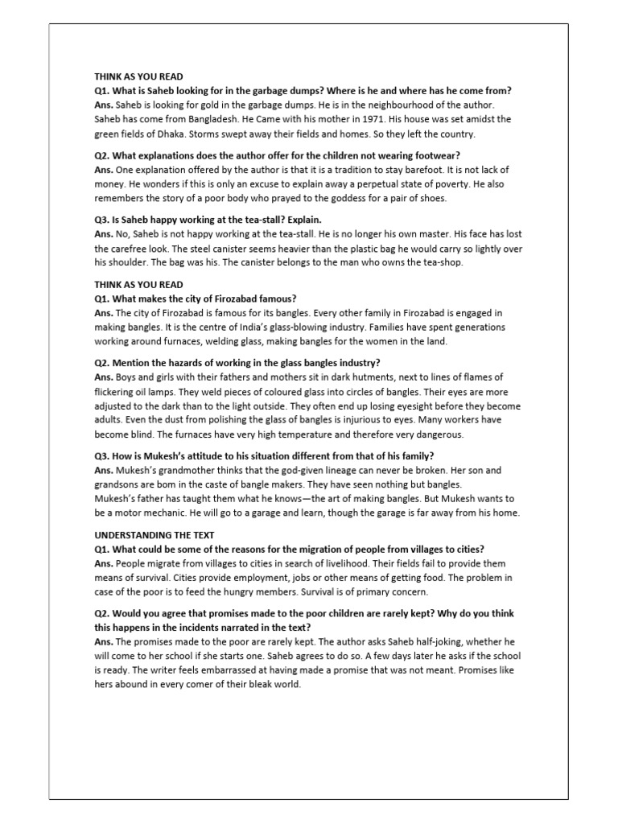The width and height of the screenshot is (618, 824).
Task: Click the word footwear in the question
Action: click(x=433, y=155)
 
